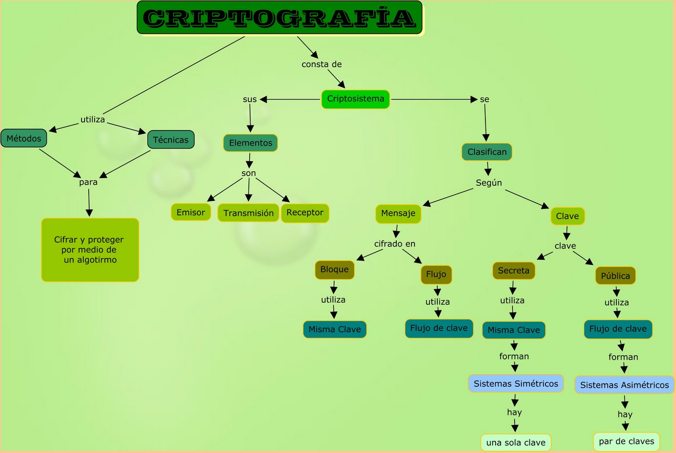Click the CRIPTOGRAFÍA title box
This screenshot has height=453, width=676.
279,18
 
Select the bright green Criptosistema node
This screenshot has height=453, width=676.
355,99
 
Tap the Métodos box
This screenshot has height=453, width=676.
24,138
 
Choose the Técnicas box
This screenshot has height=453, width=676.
171,140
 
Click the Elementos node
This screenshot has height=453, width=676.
251,143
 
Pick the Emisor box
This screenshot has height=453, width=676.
191,212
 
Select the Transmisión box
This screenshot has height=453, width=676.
248,213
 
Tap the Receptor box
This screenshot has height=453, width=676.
305,213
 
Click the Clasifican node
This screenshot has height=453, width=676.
487,152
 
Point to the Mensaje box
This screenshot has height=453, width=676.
398,214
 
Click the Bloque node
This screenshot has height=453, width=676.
334,270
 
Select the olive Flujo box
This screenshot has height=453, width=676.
436,274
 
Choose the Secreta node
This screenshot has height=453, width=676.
513,271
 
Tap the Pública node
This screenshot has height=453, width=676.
615,276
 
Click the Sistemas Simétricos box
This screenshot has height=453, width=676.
515,384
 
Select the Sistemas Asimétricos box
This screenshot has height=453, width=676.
624,385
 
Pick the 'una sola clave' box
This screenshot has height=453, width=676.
515,442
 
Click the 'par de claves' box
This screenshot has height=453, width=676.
626,442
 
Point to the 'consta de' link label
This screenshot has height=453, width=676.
322,64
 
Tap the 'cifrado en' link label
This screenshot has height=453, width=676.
395,244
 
